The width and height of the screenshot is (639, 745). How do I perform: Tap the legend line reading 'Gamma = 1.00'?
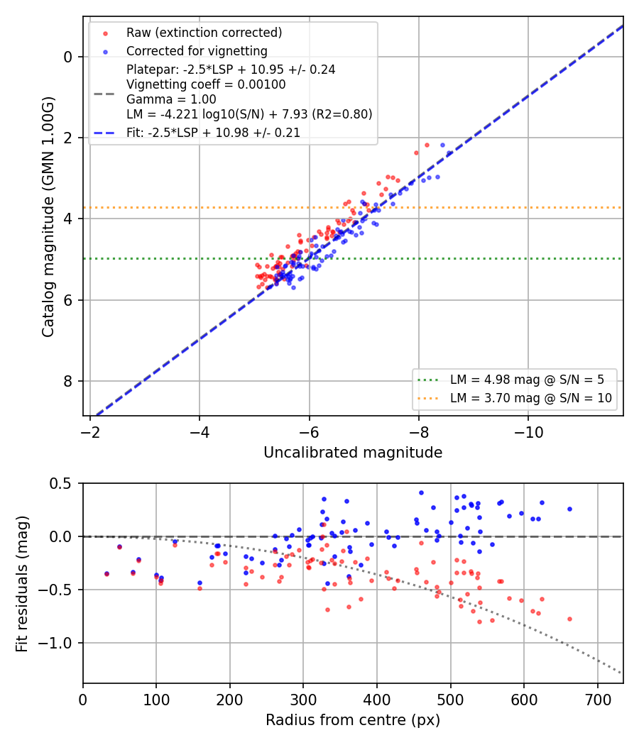click(171, 99)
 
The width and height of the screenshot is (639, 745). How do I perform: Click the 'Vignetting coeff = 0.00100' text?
click(206, 84)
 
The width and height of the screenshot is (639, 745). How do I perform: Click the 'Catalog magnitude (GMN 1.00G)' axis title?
click(48, 217)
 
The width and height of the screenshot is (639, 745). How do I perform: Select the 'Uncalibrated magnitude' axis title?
click(353, 453)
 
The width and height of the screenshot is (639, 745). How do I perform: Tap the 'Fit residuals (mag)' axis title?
click(22, 583)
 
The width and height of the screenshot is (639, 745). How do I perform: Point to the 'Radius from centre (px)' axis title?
click(353, 720)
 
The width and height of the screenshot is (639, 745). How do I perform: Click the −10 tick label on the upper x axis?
click(528, 432)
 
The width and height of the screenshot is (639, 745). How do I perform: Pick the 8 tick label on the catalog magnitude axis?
click(67, 381)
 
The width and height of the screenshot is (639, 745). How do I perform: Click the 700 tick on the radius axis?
click(598, 700)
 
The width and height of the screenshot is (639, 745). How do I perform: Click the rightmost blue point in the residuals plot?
click(569, 509)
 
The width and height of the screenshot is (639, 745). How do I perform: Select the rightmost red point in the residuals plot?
click(569, 619)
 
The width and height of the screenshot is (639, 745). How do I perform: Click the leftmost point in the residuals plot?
click(106, 574)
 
